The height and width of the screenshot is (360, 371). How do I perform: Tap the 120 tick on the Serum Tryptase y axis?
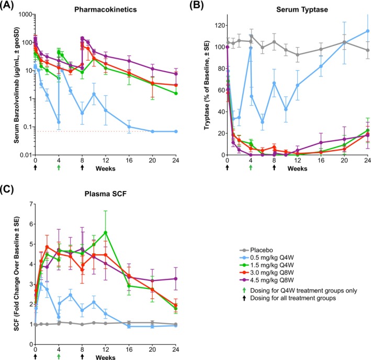[x=216, y=25]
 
